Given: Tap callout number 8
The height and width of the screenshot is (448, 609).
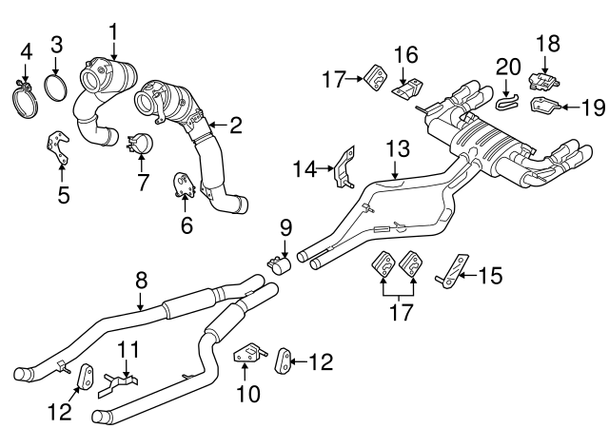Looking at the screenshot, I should tap(141, 280).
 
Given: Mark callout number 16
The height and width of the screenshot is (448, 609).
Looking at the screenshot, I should tap(407, 53).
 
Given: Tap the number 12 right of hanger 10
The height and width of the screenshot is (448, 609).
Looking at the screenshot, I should tap(321, 360).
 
